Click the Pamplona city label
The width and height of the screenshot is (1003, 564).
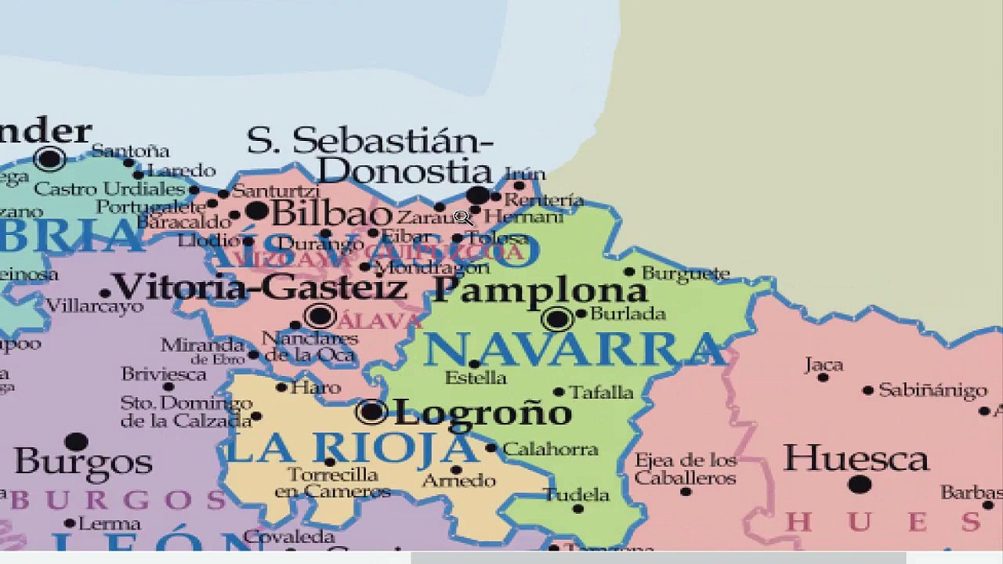click(x=540, y=291)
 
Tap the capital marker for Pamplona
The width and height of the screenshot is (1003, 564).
click(x=557, y=319)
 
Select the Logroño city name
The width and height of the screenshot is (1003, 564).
click(x=482, y=413)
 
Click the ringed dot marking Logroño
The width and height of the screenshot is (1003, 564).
click(x=371, y=411)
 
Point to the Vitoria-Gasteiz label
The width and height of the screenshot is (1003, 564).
click(x=259, y=287)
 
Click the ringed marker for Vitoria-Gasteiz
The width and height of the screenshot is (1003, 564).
click(x=320, y=316)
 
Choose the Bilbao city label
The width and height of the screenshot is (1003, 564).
click(x=331, y=213)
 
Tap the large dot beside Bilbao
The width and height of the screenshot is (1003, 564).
click(x=256, y=210)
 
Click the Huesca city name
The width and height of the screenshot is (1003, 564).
click(x=856, y=458)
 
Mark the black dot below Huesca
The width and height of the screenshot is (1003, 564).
click(x=860, y=484)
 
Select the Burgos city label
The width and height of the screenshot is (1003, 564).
click(x=83, y=462)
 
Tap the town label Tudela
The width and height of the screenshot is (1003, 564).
click(x=577, y=494)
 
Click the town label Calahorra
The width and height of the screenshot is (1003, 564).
click(x=550, y=450)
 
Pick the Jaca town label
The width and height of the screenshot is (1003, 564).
click(x=824, y=365)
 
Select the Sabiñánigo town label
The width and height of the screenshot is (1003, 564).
click(x=932, y=390)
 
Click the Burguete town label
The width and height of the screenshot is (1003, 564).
click(x=686, y=273)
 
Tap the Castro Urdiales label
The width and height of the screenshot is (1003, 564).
click(x=110, y=189)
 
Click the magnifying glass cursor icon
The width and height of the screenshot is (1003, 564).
click(x=462, y=217)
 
